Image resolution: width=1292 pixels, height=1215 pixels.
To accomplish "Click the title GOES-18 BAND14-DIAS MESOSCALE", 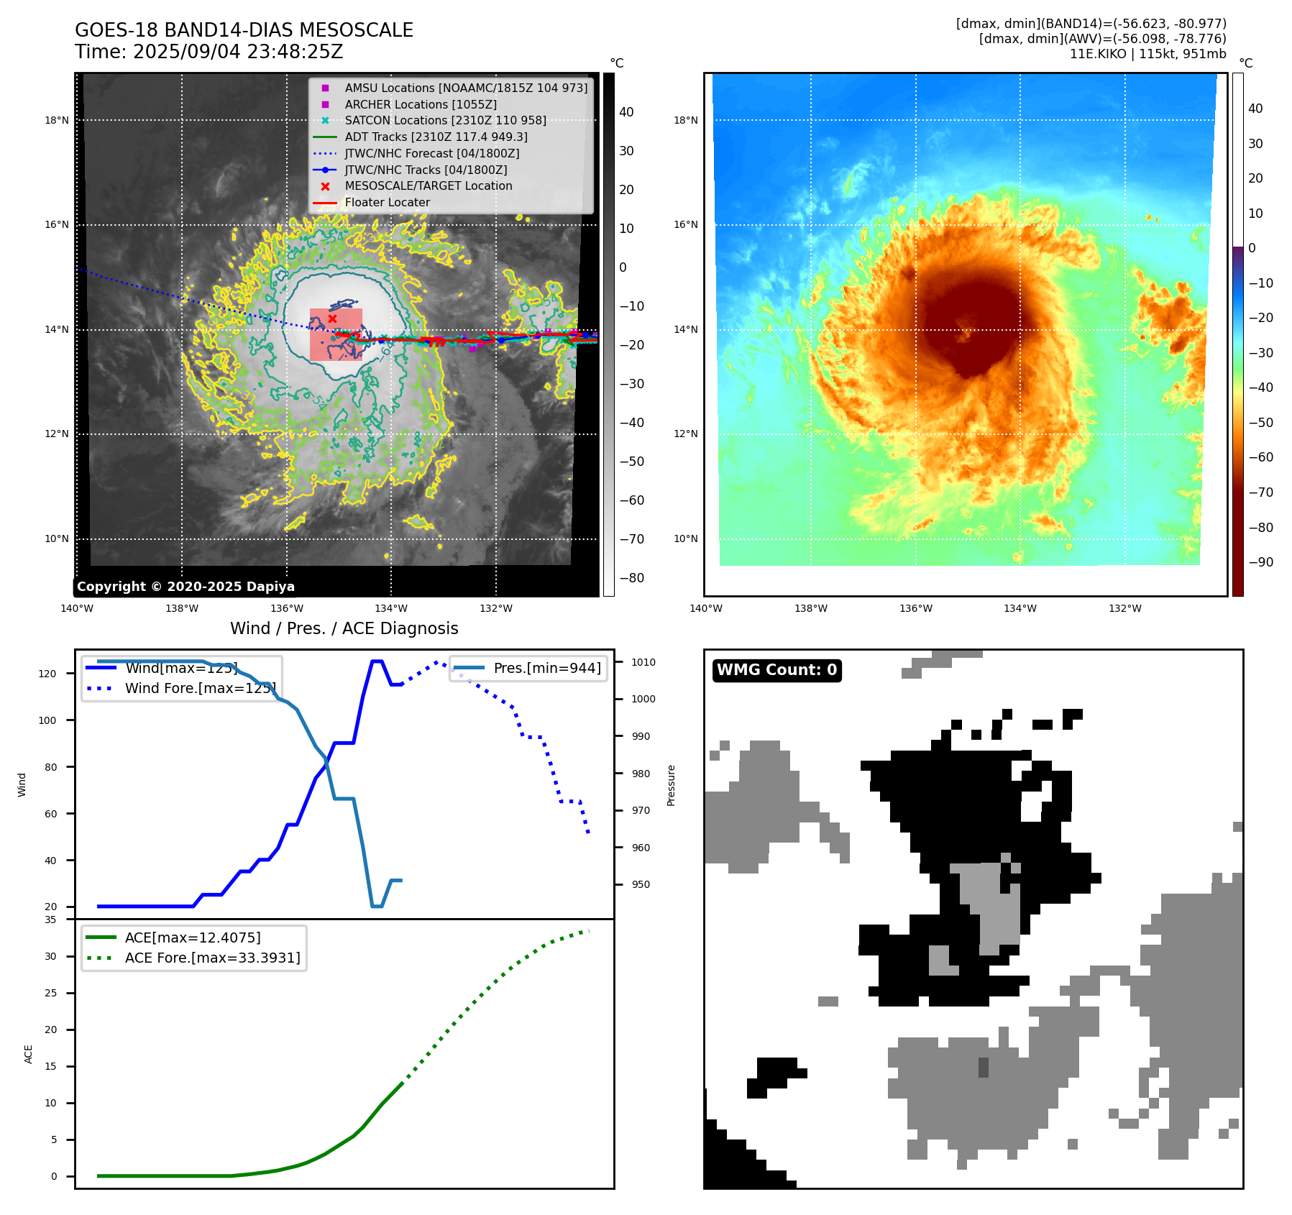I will click(x=244, y=30).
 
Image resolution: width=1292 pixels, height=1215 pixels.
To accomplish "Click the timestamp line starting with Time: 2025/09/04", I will click(x=209, y=52).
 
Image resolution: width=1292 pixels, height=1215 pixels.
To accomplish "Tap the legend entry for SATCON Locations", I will click(x=445, y=120).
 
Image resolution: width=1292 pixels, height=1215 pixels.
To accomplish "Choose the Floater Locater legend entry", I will click(x=387, y=202).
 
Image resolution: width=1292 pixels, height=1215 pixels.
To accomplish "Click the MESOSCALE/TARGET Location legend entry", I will click(x=428, y=185).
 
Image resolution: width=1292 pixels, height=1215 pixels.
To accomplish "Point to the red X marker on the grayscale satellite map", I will click(x=332, y=318).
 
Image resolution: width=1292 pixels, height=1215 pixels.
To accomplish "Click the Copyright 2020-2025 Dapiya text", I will click(x=185, y=587).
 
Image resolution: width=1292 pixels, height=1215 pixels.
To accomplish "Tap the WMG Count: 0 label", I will click(x=776, y=670).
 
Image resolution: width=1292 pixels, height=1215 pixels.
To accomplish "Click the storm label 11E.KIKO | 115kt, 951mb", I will click(x=1147, y=54).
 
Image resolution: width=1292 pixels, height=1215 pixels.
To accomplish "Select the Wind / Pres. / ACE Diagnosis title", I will click(x=344, y=628).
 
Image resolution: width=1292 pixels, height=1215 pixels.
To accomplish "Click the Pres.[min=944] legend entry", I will click(x=546, y=668).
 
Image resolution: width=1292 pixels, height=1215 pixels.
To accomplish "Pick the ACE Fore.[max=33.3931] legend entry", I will click(x=212, y=958).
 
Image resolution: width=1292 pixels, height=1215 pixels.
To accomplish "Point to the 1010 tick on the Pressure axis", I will click(x=643, y=662).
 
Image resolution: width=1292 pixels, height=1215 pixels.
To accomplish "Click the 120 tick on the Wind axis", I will click(x=47, y=674).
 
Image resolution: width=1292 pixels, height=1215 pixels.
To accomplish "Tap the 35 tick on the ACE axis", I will click(x=50, y=920).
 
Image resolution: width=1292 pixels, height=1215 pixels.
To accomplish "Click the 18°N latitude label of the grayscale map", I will click(x=57, y=120).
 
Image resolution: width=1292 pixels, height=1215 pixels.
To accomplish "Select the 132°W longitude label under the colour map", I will click(x=1124, y=608).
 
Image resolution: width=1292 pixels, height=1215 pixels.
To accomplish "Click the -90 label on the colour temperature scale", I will click(x=1260, y=562).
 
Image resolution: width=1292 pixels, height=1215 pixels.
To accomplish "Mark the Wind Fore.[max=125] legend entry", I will click(x=200, y=688).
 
